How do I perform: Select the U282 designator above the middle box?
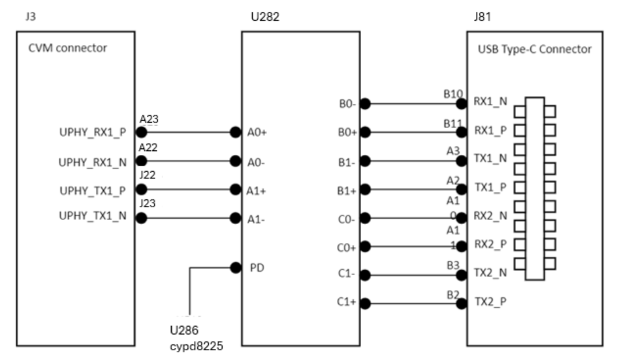[x=265, y=13]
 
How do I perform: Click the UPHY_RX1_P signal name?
[x=92, y=132]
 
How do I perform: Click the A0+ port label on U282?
[x=257, y=132]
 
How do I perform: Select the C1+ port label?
[x=345, y=303]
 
